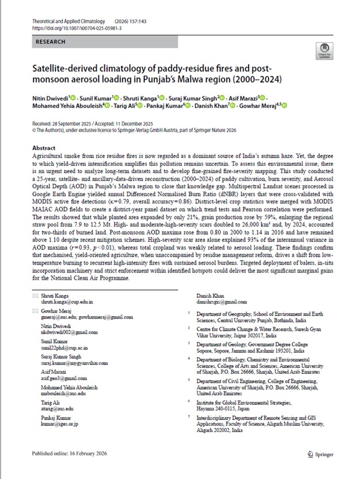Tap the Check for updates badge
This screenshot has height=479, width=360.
(x=323, y=51)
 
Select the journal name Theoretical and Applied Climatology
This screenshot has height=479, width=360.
(x=65, y=20)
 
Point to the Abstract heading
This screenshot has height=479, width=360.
(x=44, y=149)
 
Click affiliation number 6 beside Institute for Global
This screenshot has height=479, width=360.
(x=189, y=401)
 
